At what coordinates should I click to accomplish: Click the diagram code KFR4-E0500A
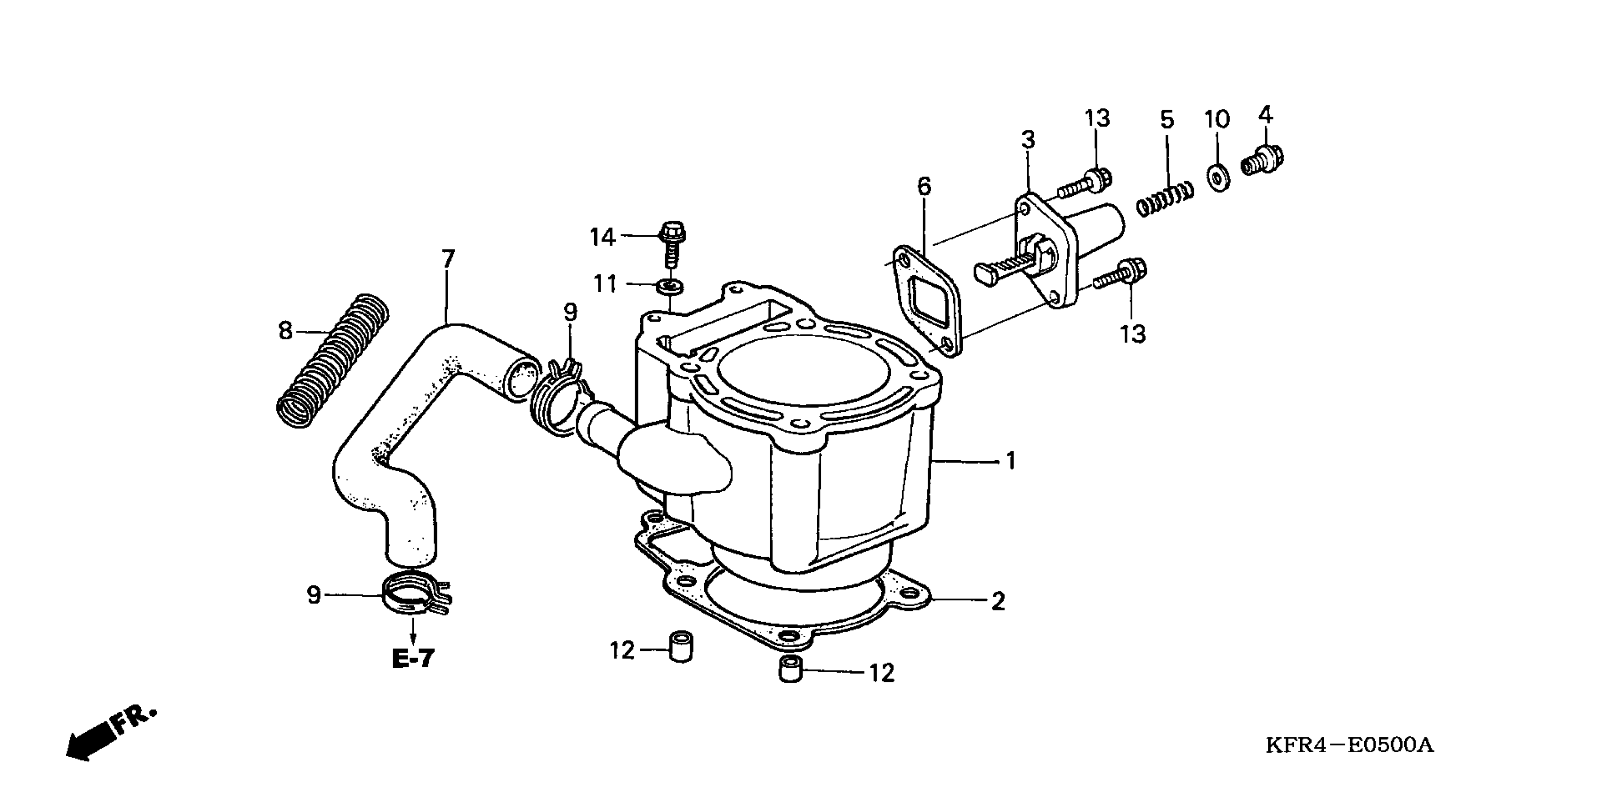coord(1350,744)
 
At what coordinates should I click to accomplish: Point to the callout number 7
coord(448,258)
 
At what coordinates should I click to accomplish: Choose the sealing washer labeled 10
coord(1218,178)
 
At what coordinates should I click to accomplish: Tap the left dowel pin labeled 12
coord(681,647)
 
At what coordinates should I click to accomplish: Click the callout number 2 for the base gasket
coord(998,601)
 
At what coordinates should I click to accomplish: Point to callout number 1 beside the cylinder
coord(1011,461)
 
